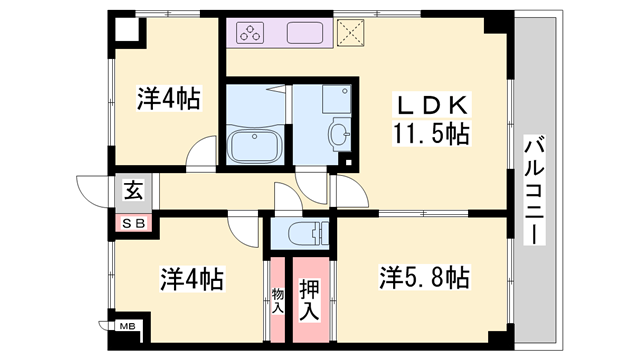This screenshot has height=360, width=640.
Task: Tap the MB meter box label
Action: (x=128, y=326)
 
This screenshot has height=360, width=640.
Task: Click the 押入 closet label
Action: (x=311, y=299)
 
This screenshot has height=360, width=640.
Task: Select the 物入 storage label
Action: (x=277, y=301)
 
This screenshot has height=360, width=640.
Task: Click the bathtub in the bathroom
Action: (x=256, y=146)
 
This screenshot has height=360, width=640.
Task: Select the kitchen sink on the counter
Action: (x=307, y=34)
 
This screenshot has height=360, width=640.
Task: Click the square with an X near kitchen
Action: (x=351, y=34)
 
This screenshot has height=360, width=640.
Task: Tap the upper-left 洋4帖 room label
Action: (x=167, y=99)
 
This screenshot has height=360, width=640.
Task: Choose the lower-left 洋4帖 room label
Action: (x=190, y=277)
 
